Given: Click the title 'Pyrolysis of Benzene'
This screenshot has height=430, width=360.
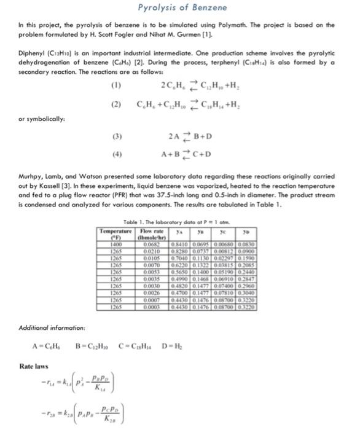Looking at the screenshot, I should tap(180, 7).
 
